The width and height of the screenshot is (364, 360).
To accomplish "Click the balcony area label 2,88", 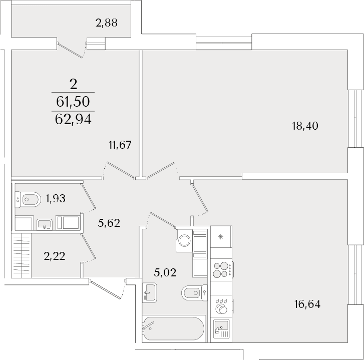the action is pyautogui.click(x=107, y=23).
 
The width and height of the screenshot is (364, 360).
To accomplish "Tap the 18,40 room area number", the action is pyautogui.click(x=305, y=126).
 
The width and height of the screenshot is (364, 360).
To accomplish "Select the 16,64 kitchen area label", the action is pyautogui.click(x=307, y=304).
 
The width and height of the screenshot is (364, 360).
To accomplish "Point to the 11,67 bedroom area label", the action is pyautogui.click(x=120, y=145).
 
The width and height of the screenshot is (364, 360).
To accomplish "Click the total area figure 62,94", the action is pyautogui.click(x=73, y=120).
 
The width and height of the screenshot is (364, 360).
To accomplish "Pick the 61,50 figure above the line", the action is pyautogui.click(x=73, y=102).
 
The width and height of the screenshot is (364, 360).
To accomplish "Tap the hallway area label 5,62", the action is pyautogui.click(x=109, y=223).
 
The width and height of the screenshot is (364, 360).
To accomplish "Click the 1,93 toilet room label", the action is pyautogui.click(x=56, y=198).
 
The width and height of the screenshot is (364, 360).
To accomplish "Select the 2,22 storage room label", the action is pyautogui.click(x=55, y=256).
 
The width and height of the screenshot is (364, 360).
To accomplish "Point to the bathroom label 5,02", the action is pyautogui.click(x=165, y=272).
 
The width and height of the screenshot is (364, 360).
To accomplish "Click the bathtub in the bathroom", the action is pyautogui.click(x=174, y=328).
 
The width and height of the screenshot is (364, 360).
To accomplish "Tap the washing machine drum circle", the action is pyautogui.click(x=185, y=240).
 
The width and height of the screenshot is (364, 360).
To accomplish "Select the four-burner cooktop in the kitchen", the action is pyautogui.click(x=221, y=269).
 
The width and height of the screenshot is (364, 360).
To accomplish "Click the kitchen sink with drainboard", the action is pyautogui.click(x=221, y=328).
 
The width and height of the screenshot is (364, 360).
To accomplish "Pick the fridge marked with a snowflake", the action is pyautogui.click(x=221, y=236).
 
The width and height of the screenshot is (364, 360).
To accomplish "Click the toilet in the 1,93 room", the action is pyautogui.click(x=28, y=200).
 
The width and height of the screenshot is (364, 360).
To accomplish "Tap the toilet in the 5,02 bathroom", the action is pyautogui.click(x=195, y=293).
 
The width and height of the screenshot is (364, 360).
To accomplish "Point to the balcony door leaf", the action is pyautogui.click(x=70, y=50).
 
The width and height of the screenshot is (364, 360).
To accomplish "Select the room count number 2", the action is pyautogui.click(x=73, y=85).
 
